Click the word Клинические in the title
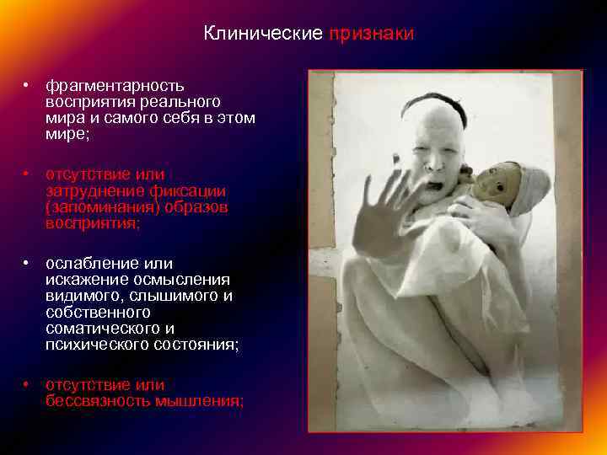(x=263, y=35)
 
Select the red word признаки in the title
(x=371, y=35)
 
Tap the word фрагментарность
(x=115, y=85)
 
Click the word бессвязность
(x=99, y=401)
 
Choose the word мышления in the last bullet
(x=200, y=401)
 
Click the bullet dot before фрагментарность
(x=28, y=86)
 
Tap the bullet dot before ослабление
(x=28, y=265)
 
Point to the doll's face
(x=488, y=183)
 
